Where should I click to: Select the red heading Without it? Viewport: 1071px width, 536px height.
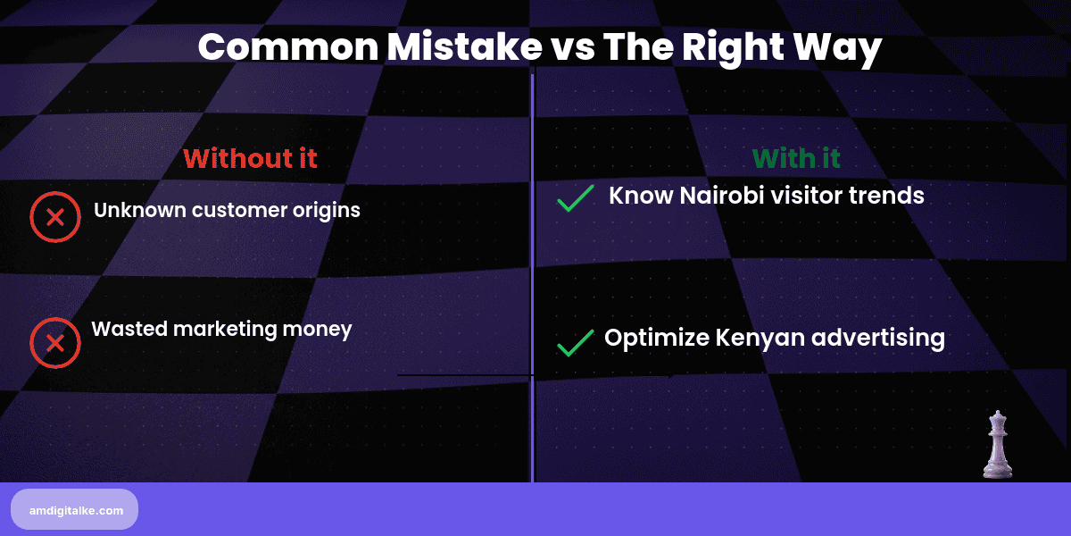(250, 158)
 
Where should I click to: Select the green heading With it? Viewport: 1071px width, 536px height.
(796, 158)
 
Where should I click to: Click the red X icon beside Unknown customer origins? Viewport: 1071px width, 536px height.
(55, 217)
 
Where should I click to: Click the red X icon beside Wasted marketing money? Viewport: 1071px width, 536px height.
(55, 344)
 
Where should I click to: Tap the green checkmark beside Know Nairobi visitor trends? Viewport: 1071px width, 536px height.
(576, 198)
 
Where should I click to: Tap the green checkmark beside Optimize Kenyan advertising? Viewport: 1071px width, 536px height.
(576, 343)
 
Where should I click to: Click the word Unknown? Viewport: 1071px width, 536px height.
(139, 211)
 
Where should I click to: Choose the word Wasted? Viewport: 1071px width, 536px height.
(129, 329)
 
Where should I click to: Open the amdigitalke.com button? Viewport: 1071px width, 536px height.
(74, 509)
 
